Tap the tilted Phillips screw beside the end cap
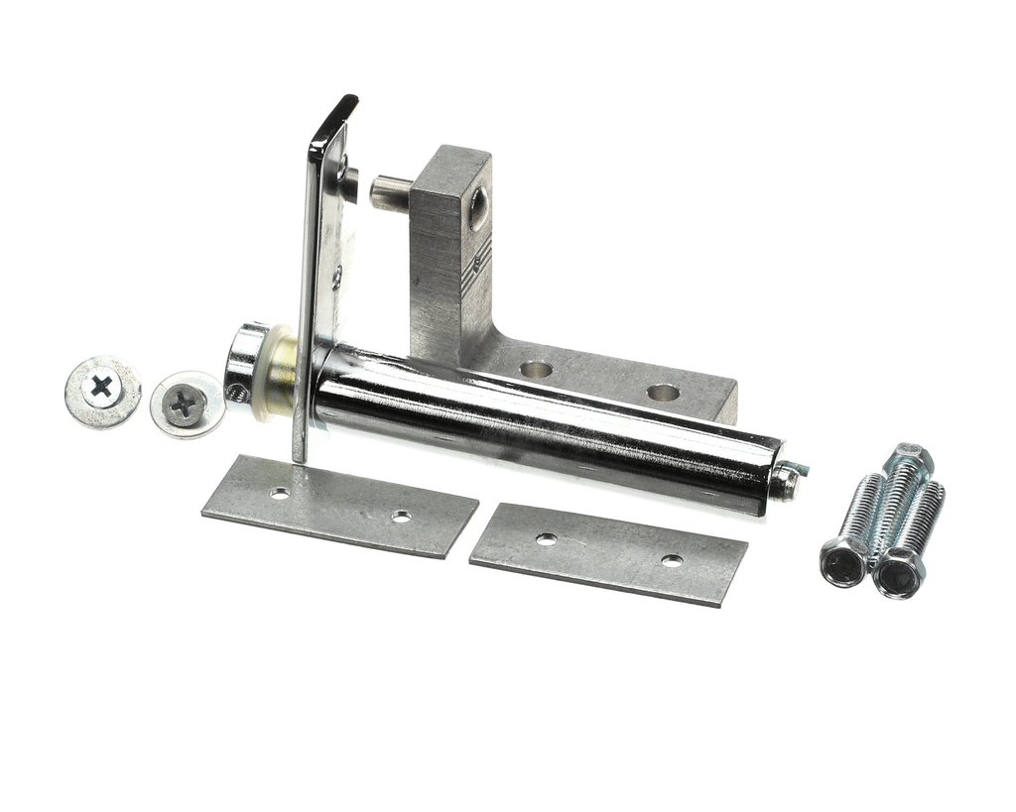point(186,404)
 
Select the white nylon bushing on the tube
point(277,374)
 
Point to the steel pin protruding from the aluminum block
point(390,192)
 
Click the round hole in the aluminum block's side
point(478,208)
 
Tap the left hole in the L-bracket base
point(536,369)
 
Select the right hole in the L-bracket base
point(663,392)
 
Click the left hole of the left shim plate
point(280,493)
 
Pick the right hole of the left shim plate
point(401,517)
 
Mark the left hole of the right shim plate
point(547,539)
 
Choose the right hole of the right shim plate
point(672,561)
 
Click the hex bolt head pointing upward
point(912,459)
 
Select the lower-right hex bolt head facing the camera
point(898,577)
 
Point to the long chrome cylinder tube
point(546,426)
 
